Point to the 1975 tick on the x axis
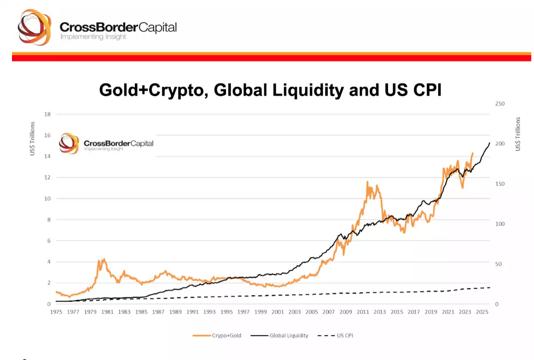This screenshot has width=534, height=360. tap(56, 312)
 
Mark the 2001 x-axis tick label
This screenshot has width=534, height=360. tap(278, 312)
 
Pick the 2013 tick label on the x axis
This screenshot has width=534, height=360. tap(380, 312)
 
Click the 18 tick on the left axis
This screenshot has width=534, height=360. tap(46, 114)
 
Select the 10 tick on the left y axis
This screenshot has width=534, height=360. tap(46, 199)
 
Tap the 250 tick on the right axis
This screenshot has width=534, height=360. tap(500, 104)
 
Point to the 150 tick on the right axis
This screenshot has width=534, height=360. tap(500, 184)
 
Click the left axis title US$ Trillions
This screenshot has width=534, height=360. tap(33, 138)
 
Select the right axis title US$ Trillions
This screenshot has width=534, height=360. tap(518, 134)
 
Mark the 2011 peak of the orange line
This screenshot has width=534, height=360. tap(367, 182)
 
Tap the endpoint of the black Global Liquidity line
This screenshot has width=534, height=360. tap(489, 142)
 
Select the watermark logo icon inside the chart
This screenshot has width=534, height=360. tap(70, 143)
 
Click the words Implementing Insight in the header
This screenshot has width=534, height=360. tap(93, 37)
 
